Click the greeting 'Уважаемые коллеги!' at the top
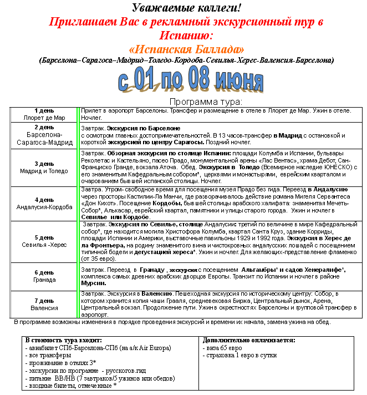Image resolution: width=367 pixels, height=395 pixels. tap(186, 8)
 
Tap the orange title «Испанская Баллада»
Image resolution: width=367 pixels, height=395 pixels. tap(186, 49)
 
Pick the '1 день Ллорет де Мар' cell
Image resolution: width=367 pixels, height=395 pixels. tap(44, 114)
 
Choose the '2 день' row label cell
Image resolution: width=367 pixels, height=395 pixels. tap(44, 135)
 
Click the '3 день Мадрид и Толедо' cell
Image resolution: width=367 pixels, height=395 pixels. tap(44, 168)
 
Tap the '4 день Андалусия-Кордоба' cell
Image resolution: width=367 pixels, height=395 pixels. tap(44, 204)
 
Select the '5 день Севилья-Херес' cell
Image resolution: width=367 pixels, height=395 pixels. tap(44, 240)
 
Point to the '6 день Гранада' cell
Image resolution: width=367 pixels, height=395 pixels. tap(44, 276)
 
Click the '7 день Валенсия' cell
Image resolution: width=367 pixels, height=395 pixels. tap(44, 304)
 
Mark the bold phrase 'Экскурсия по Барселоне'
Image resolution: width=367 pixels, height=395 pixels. tap(136, 128)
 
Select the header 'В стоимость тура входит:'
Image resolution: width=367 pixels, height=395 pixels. tap(64, 340)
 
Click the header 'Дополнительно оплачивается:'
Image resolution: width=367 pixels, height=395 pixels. tap(249, 340)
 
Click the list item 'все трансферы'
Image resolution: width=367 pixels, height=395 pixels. tap(50, 355)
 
